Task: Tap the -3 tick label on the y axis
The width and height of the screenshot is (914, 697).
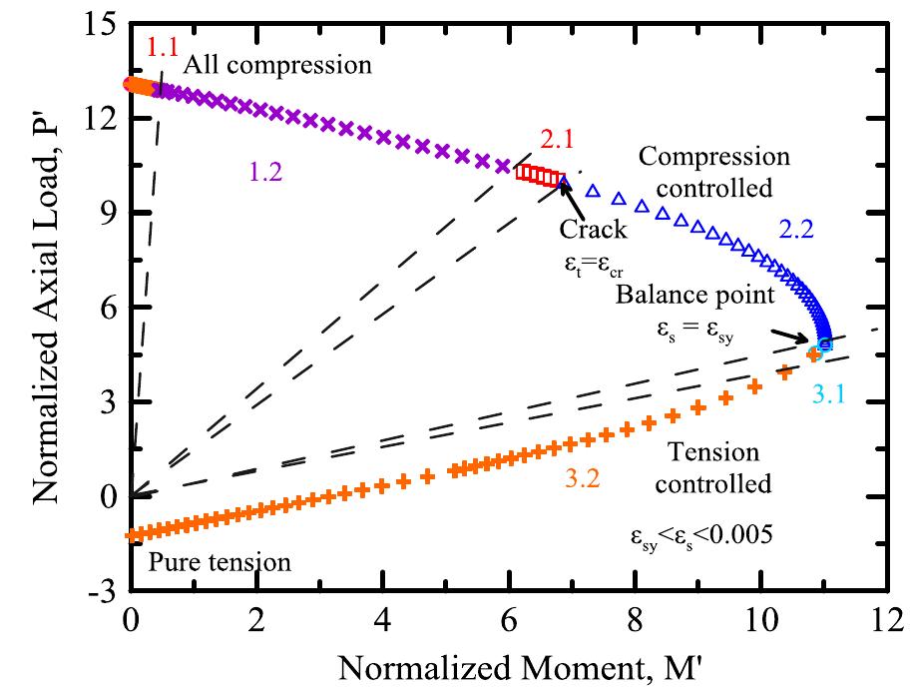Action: tap(101, 591)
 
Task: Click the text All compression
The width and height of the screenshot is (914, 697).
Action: tap(278, 66)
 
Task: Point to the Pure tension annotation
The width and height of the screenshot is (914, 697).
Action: tap(220, 562)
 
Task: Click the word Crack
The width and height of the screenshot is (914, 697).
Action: tap(593, 230)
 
